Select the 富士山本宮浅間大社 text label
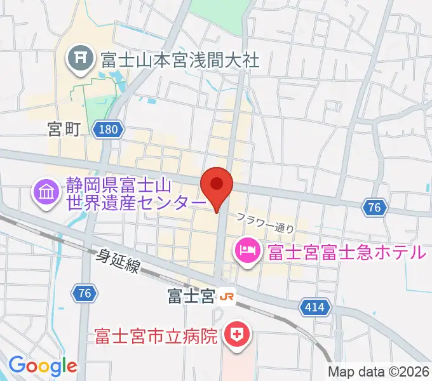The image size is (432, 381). (180, 60)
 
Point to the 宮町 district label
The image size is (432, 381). (64, 130)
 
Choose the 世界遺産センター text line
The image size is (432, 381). (137, 203)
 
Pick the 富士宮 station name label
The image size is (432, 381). (191, 297)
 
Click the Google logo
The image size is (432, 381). (43, 366)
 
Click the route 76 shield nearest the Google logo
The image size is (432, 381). (84, 293)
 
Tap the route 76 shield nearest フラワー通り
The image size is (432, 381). (375, 207)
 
